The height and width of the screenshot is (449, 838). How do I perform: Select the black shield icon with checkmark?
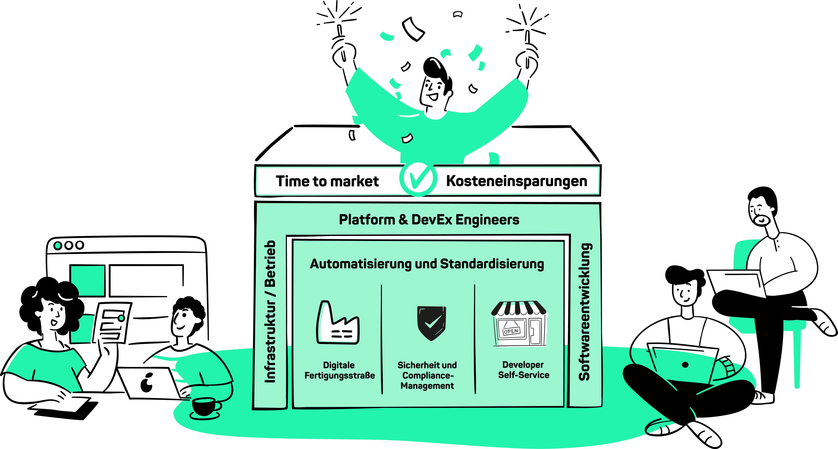point(431,323)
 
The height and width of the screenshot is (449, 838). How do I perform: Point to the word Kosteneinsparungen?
point(517,181)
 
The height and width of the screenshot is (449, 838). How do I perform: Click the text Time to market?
point(327,181)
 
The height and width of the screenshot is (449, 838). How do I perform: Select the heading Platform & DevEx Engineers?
point(429,220)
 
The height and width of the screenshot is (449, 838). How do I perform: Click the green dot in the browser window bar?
point(58,245)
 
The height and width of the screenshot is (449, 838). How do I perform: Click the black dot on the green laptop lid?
point(685,365)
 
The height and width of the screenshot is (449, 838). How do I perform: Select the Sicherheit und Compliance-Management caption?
point(427,375)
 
